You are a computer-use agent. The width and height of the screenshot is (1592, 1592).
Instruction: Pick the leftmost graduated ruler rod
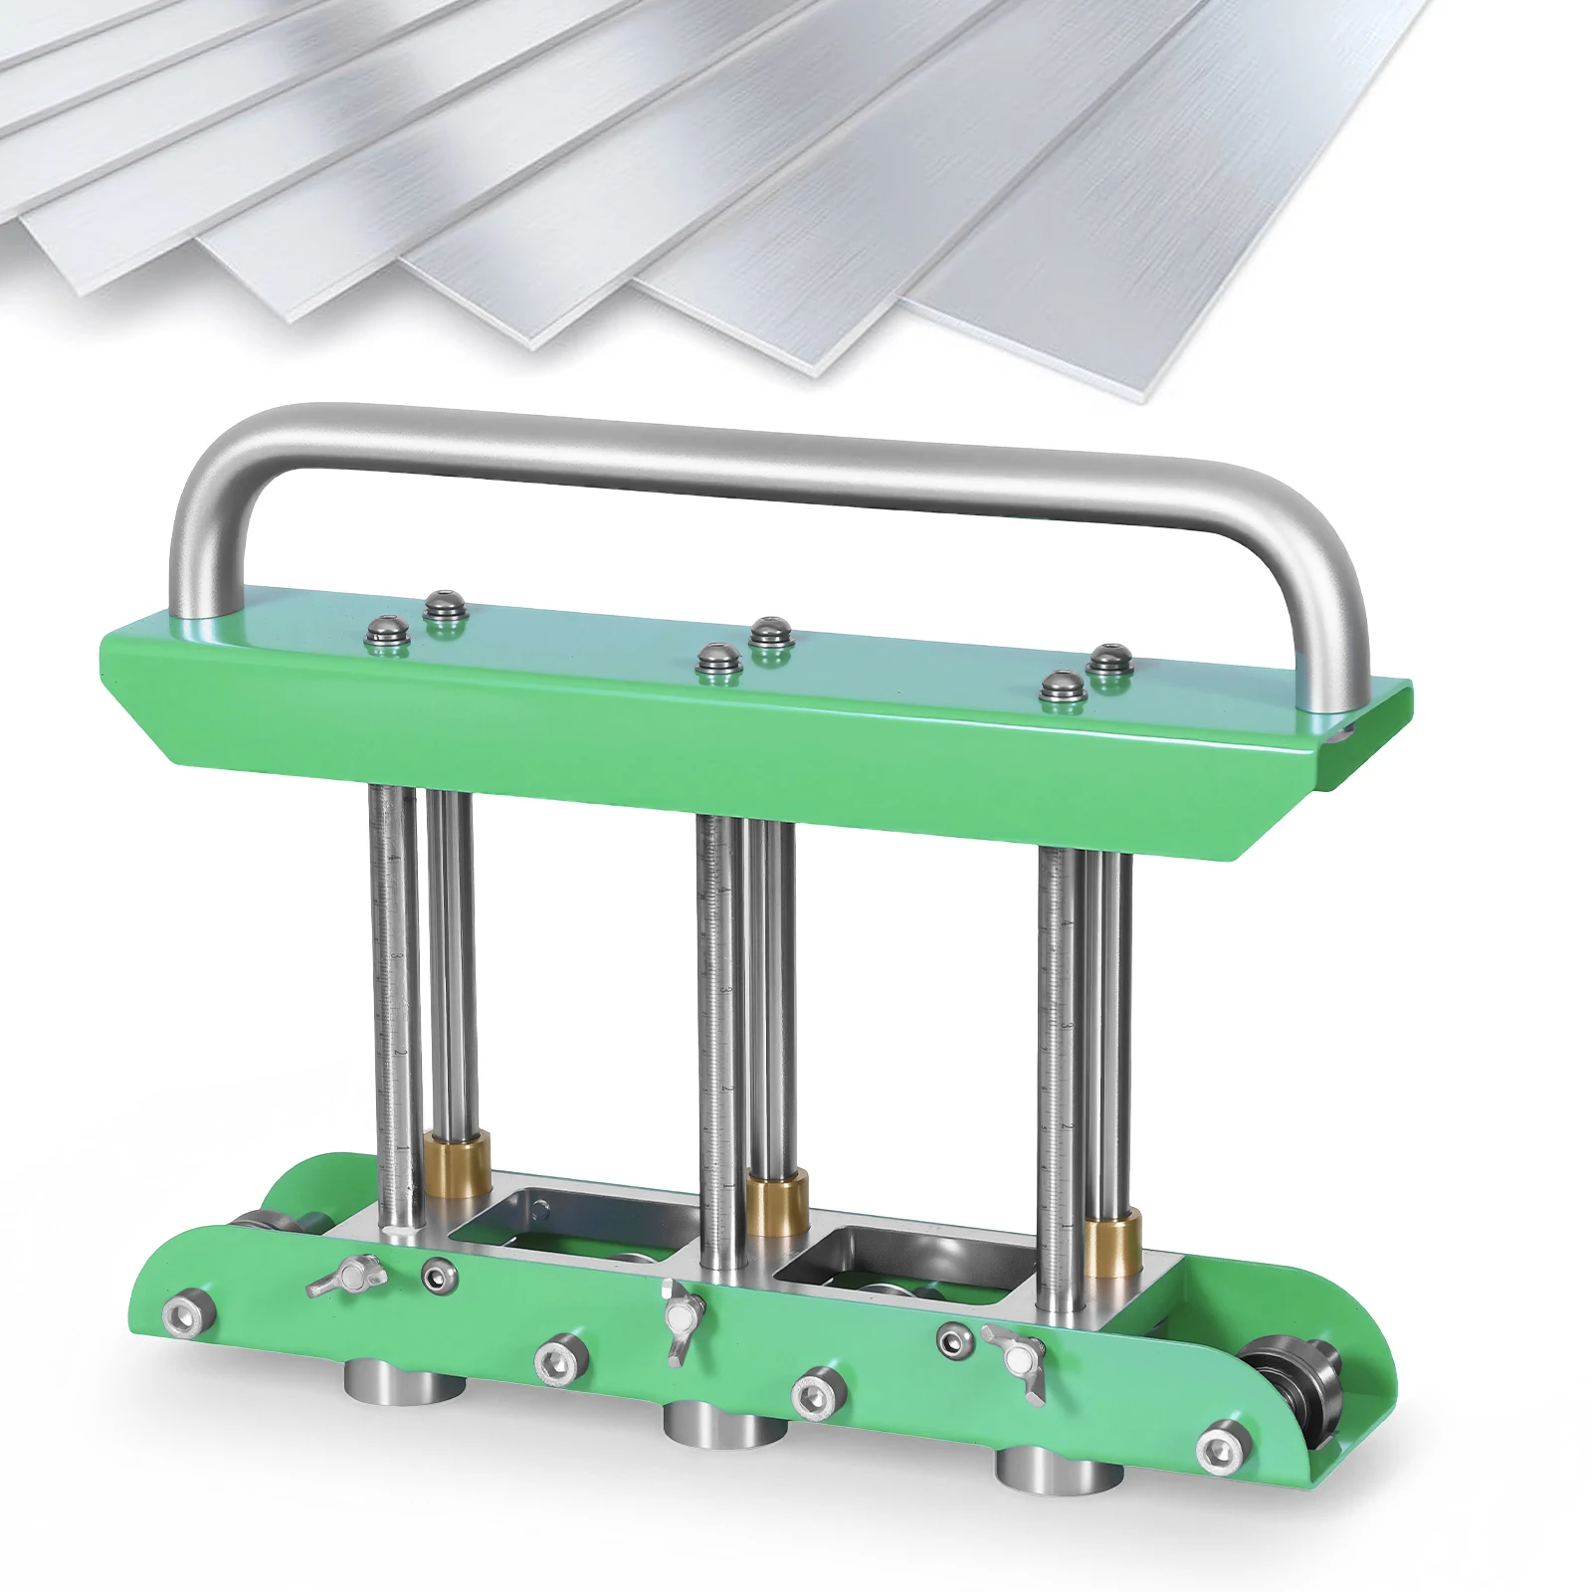393,995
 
